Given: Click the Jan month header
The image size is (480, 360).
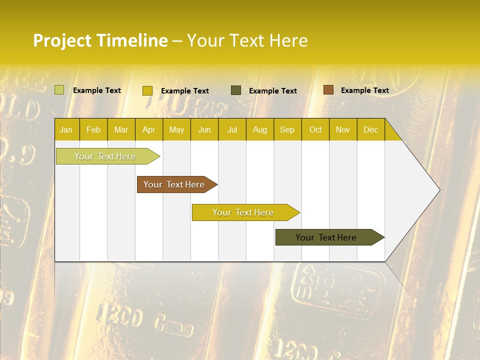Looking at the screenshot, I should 66,129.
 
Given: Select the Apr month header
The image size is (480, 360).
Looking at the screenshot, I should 148,129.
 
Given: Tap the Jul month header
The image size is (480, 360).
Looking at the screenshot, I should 232,129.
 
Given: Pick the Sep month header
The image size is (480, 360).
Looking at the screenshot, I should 287,129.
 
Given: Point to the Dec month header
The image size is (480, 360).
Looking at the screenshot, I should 370,129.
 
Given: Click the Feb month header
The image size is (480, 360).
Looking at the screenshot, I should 93,129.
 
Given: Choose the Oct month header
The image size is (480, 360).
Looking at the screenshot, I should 315,129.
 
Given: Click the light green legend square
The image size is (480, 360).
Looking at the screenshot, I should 59,90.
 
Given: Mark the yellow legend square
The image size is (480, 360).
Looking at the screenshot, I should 147,90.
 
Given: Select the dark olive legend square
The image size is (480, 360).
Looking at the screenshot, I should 236,90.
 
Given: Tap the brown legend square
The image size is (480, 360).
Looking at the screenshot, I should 328,90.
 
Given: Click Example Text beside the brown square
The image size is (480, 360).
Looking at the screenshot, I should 364,90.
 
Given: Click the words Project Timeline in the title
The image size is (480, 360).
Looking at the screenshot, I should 100,40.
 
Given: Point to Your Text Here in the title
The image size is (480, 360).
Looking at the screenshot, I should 247,40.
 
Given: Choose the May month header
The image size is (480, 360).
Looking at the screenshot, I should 176,129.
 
